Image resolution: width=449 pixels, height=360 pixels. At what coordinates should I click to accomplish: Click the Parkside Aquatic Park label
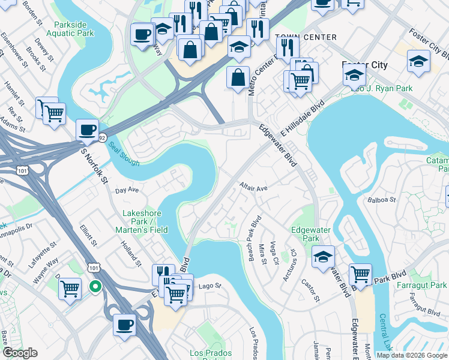74,29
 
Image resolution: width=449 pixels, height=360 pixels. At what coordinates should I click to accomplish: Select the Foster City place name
364,65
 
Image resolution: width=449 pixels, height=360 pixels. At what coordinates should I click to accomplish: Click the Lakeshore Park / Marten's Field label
145,221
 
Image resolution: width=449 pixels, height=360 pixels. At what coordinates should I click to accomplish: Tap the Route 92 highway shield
103,137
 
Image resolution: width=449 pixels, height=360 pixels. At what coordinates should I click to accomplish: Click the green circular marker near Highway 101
95,287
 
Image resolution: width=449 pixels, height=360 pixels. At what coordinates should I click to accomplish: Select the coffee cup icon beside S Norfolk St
88,130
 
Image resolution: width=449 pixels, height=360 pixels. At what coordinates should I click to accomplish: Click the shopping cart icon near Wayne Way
70,289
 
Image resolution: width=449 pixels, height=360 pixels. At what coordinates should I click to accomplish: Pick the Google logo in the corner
19,353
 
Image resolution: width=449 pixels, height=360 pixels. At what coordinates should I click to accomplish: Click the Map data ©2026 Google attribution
412,355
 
